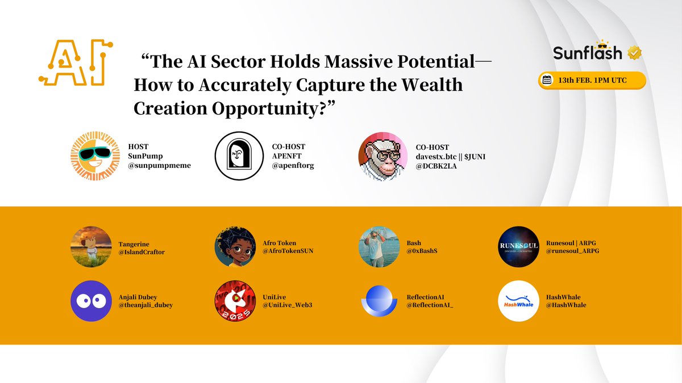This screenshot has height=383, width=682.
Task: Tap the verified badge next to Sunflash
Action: point(634,53)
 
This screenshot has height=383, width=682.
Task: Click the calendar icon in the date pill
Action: point(547,80)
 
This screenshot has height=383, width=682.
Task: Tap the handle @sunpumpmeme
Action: point(159,166)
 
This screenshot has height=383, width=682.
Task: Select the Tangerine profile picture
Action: point(92,247)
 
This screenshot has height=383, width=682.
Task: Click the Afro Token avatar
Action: point(235,247)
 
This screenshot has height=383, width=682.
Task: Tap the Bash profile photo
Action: point(379,247)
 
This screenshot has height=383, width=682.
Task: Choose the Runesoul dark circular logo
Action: point(518,247)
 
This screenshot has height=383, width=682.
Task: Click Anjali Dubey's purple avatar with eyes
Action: point(92,301)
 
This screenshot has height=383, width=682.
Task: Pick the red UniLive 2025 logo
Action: point(235,301)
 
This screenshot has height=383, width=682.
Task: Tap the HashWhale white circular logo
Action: point(518,301)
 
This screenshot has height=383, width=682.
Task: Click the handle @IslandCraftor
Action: point(142,252)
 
